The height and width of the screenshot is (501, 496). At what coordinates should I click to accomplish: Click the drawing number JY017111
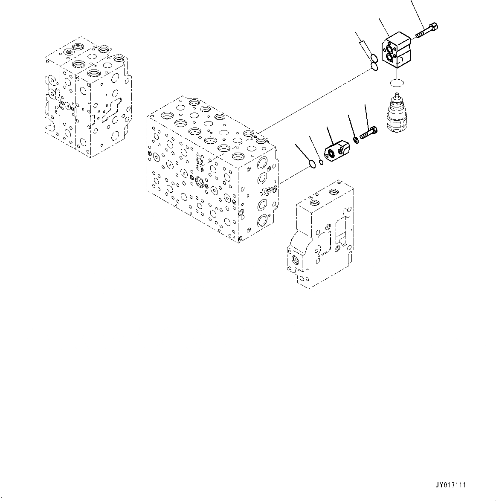pos(451,485)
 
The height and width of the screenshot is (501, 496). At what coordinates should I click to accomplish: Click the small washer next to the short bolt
pos(355,139)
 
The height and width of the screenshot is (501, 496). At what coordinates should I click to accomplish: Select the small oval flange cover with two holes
pos(336,150)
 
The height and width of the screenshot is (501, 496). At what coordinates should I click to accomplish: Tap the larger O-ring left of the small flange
pos(313,163)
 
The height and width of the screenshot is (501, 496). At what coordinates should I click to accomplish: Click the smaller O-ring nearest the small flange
pos(321,161)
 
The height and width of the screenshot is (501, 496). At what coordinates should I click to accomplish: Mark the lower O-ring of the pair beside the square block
pos(374,66)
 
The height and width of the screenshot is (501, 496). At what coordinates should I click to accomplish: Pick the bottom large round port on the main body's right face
pos(262,220)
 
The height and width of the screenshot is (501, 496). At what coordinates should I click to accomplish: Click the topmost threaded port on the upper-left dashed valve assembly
pos(77,47)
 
